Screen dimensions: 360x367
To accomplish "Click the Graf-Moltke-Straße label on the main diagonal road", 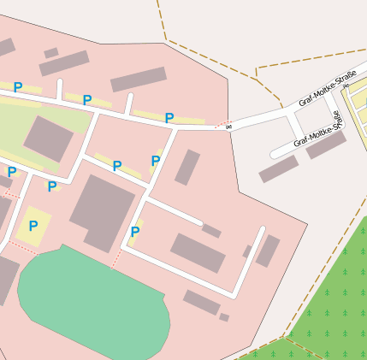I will pyautogui.click(x=327, y=90).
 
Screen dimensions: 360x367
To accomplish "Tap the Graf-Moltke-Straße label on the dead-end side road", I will pyautogui.click(x=317, y=131).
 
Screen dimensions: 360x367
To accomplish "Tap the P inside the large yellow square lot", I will pyautogui.click(x=33, y=226).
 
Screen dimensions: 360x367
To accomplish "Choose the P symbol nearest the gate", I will pyautogui.click(x=169, y=118).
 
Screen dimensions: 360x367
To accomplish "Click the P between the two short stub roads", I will pyautogui.click(x=87, y=100).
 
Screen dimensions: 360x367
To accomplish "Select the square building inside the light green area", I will pyautogui.click(x=49, y=139).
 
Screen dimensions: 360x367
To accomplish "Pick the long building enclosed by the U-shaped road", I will pyautogui.click(x=198, y=252).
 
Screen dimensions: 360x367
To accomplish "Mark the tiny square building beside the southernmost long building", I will pyautogui.click(x=224, y=317).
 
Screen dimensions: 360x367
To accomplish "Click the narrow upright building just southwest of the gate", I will pyautogui.click(x=187, y=167).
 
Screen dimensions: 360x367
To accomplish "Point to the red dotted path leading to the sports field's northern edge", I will pyautogui.click(x=116, y=257).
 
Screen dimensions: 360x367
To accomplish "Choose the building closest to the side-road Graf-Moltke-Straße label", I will pyautogui.click(x=327, y=145).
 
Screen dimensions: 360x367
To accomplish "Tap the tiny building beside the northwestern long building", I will pyautogui.click(x=50, y=53).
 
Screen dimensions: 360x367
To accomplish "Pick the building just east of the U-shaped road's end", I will pyautogui.click(x=269, y=251).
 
